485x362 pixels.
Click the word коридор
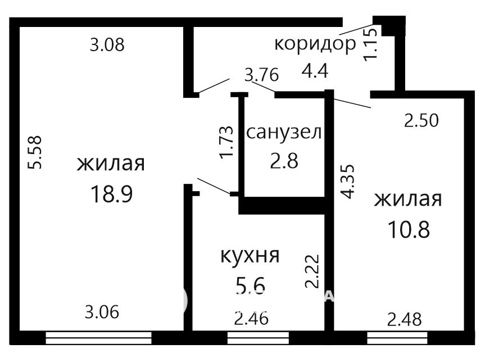tap(315, 45)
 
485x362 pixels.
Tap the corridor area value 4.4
tap(315, 70)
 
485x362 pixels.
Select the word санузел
tap(284, 133)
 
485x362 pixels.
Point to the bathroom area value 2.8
tap(284, 161)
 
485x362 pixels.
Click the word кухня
tap(250, 255)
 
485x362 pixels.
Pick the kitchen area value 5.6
tap(250, 285)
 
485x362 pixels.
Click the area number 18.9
tap(112, 194)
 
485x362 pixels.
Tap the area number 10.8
tap(409, 230)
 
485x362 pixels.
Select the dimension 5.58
tap(35, 152)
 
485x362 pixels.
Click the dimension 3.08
tap(107, 44)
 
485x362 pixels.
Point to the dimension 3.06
tap(102, 312)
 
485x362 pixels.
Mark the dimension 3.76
tap(262, 75)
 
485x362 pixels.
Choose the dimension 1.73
tap(226, 142)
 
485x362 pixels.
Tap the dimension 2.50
tap(421, 121)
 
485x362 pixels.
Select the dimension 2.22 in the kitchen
tap(312, 271)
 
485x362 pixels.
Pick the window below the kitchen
tap(258, 338)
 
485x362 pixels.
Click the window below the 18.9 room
tap(99, 338)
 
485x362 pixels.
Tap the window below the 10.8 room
tap(397, 338)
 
